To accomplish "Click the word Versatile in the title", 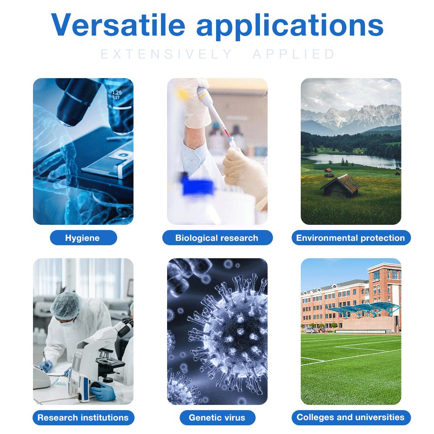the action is click(x=118, y=25).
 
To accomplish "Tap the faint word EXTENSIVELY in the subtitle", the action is click(x=166, y=54).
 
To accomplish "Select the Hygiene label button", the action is click(x=83, y=238).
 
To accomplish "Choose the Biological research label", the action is click(x=217, y=238).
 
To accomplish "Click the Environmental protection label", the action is click(x=351, y=238).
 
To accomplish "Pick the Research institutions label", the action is click(x=83, y=418).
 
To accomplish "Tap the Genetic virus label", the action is click(x=217, y=418).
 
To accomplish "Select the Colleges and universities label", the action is click(x=351, y=418).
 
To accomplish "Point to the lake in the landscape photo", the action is click(x=352, y=161).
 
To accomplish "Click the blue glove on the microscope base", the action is click(x=103, y=391).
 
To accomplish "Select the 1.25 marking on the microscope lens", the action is click(x=116, y=92).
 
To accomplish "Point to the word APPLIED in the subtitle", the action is click(x=293, y=54).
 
